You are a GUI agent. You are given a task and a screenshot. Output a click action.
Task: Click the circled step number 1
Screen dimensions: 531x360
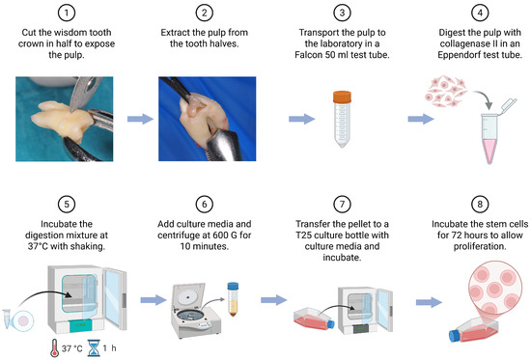(67, 13)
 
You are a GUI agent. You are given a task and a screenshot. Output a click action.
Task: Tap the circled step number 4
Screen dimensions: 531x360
(480, 13)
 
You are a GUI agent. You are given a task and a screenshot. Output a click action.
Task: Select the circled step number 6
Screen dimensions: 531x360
(205, 205)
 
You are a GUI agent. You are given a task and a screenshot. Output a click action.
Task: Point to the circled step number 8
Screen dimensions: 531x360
(480, 205)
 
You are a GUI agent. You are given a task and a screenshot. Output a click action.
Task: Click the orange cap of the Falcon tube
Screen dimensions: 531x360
(342, 97)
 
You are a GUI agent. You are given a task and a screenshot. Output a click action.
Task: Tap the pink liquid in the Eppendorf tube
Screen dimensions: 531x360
(489, 150)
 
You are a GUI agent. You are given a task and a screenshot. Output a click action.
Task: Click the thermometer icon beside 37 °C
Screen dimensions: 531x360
(54, 348)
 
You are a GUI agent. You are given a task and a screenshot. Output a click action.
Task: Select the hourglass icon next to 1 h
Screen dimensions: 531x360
(94, 348)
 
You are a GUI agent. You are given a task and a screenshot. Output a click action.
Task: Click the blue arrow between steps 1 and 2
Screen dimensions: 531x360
(140, 119)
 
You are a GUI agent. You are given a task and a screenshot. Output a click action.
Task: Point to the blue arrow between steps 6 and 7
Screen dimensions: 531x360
(273, 300)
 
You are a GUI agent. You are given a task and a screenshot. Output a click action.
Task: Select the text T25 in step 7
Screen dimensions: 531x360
(303, 235)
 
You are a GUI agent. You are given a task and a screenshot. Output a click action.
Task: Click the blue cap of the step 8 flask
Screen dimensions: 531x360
(454, 336)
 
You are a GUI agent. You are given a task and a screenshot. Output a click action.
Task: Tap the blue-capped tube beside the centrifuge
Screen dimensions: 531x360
(233, 299)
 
